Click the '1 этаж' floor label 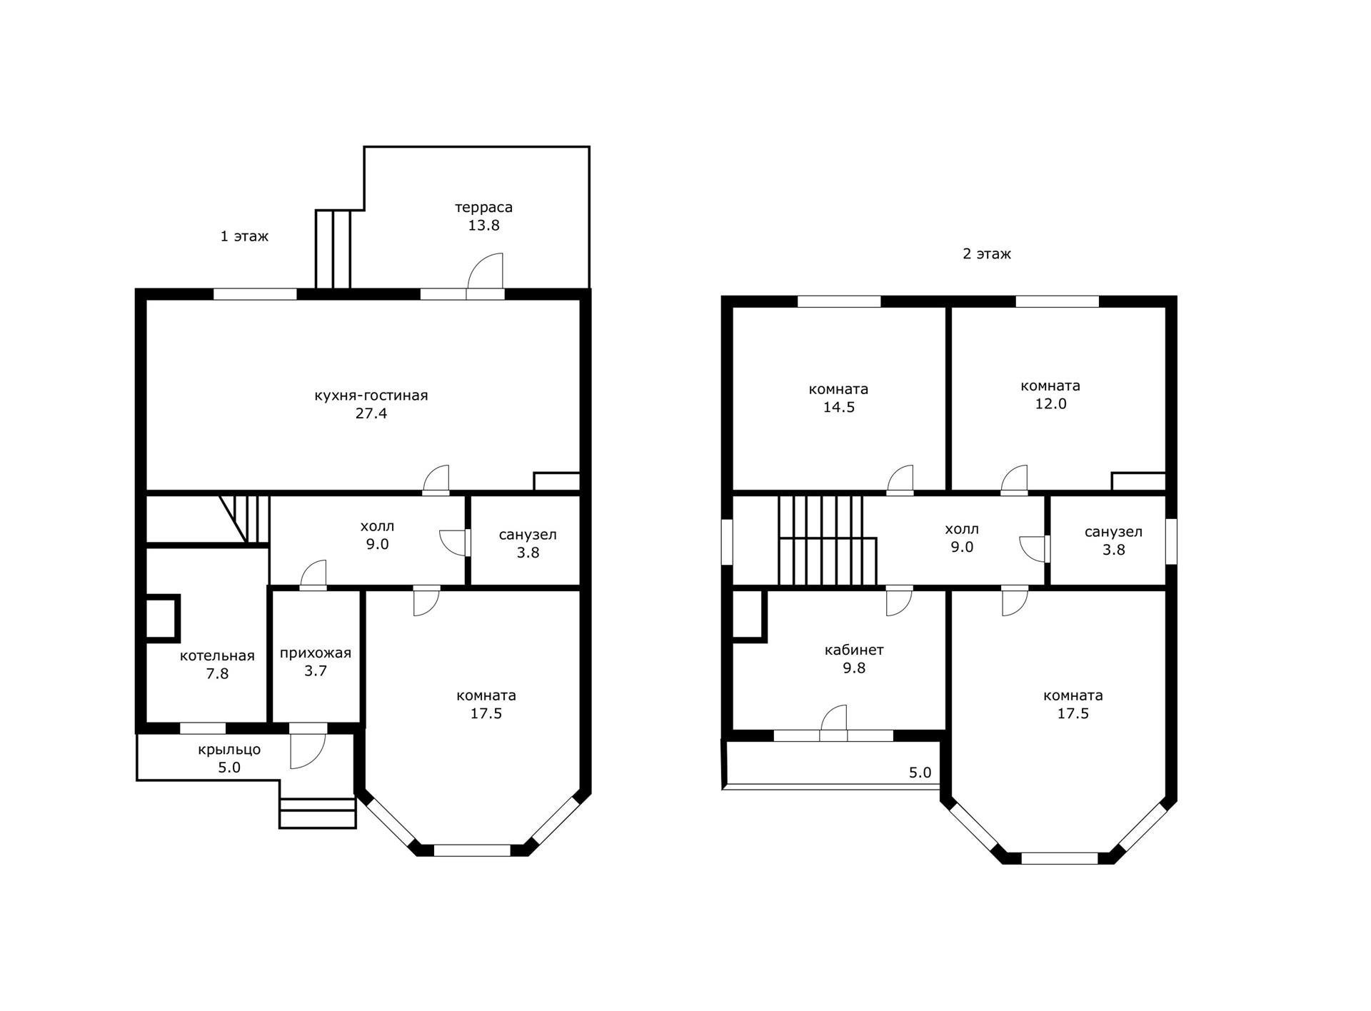[x=244, y=236]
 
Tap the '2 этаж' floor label [x=987, y=254]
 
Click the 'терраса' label [x=484, y=208]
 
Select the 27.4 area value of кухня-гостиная [x=371, y=413]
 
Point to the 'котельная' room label [x=217, y=656]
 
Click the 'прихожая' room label [x=316, y=653]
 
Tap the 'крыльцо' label [x=229, y=750]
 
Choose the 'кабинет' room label [x=854, y=650]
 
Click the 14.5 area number [x=839, y=408]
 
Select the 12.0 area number [x=1051, y=404]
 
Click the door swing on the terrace [x=486, y=272]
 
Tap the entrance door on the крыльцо [x=308, y=750]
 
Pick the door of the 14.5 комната [x=900, y=478]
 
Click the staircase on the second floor [x=827, y=540]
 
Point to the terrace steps [x=333, y=249]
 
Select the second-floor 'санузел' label [x=1113, y=533]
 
